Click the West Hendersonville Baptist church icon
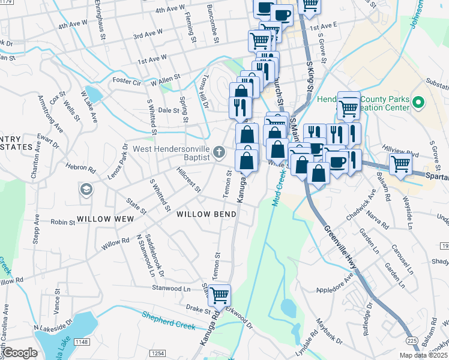coord(220,152)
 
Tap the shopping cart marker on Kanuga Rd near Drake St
coord(220,294)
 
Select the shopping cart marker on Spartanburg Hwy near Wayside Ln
coord(400,163)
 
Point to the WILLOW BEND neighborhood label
coord(206,214)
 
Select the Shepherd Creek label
coord(169,320)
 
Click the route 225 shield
coord(412,340)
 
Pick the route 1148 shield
coord(82,342)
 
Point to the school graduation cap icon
coord(86,190)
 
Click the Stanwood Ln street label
coord(170,288)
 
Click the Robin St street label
coord(62,222)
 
